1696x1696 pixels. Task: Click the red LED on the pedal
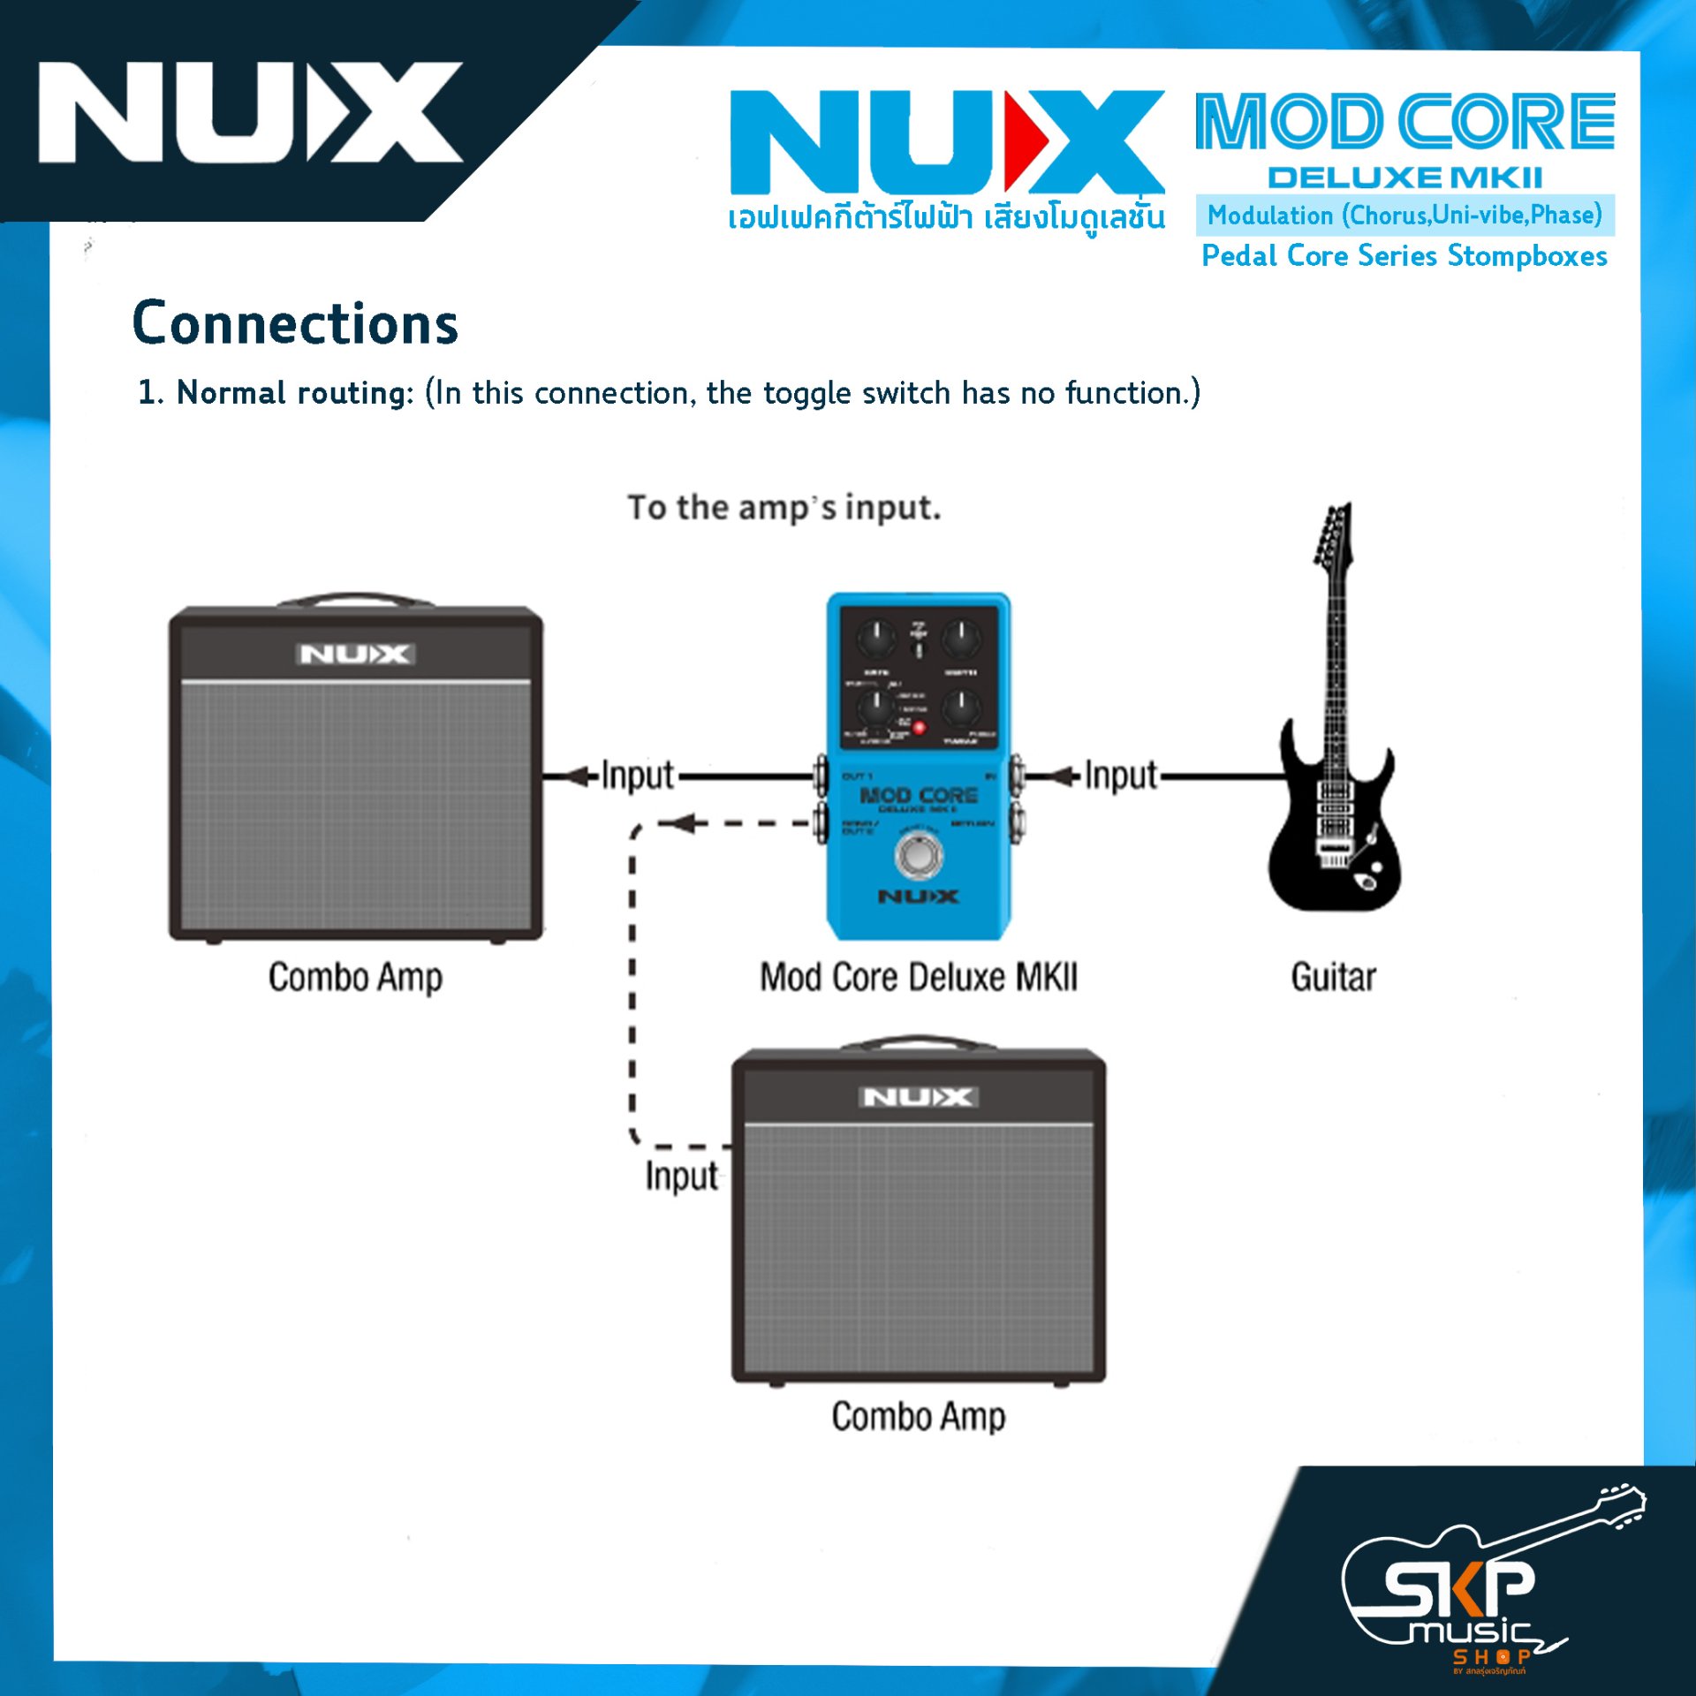coord(919,728)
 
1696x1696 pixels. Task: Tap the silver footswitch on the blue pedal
coord(919,855)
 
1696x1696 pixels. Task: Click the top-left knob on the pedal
coord(876,638)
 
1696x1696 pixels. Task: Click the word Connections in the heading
coord(295,323)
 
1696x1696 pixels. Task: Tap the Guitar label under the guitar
coord(1333,977)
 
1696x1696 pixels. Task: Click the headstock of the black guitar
coord(1334,534)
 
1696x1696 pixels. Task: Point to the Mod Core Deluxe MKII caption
coord(919,977)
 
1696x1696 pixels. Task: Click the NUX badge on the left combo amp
coord(354,655)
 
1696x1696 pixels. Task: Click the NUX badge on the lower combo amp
coord(918,1097)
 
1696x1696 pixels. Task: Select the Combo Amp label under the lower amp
coord(919,1416)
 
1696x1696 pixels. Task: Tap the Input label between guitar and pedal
coord(1120,776)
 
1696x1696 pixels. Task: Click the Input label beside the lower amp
coord(681,1177)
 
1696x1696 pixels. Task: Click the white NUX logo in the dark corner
coord(250,112)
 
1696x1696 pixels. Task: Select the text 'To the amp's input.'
coord(784,508)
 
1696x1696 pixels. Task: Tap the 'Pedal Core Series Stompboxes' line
coord(1404,256)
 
